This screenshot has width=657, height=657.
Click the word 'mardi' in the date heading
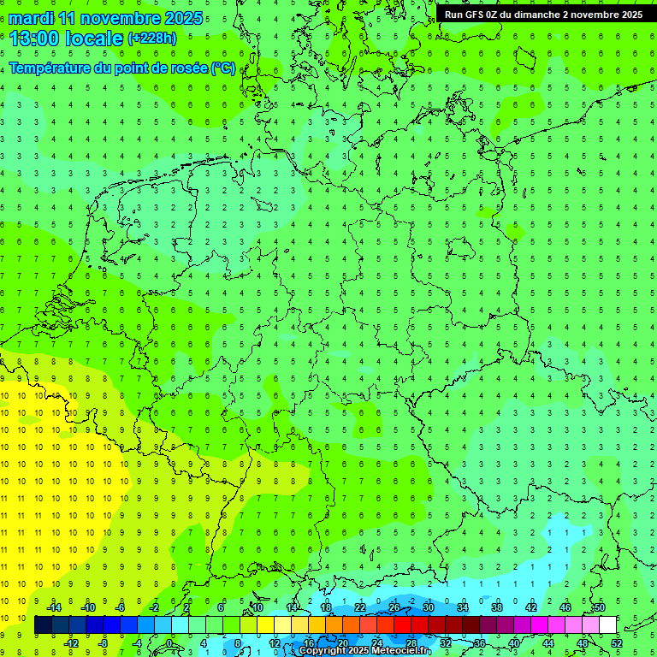(32, 18)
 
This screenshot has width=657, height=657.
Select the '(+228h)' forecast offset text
(151, 38)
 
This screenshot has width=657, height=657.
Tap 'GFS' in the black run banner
(478, 15)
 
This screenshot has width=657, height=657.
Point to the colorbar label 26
(394, 607)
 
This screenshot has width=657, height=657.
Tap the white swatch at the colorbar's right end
(608, 625)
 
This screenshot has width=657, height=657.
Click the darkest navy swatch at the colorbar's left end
(43, 625)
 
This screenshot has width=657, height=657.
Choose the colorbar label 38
(497, 607)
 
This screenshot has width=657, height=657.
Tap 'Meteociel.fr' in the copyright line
(401, 651)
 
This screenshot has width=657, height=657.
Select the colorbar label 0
(169, 643)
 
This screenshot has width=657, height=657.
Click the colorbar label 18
(326, 607)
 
